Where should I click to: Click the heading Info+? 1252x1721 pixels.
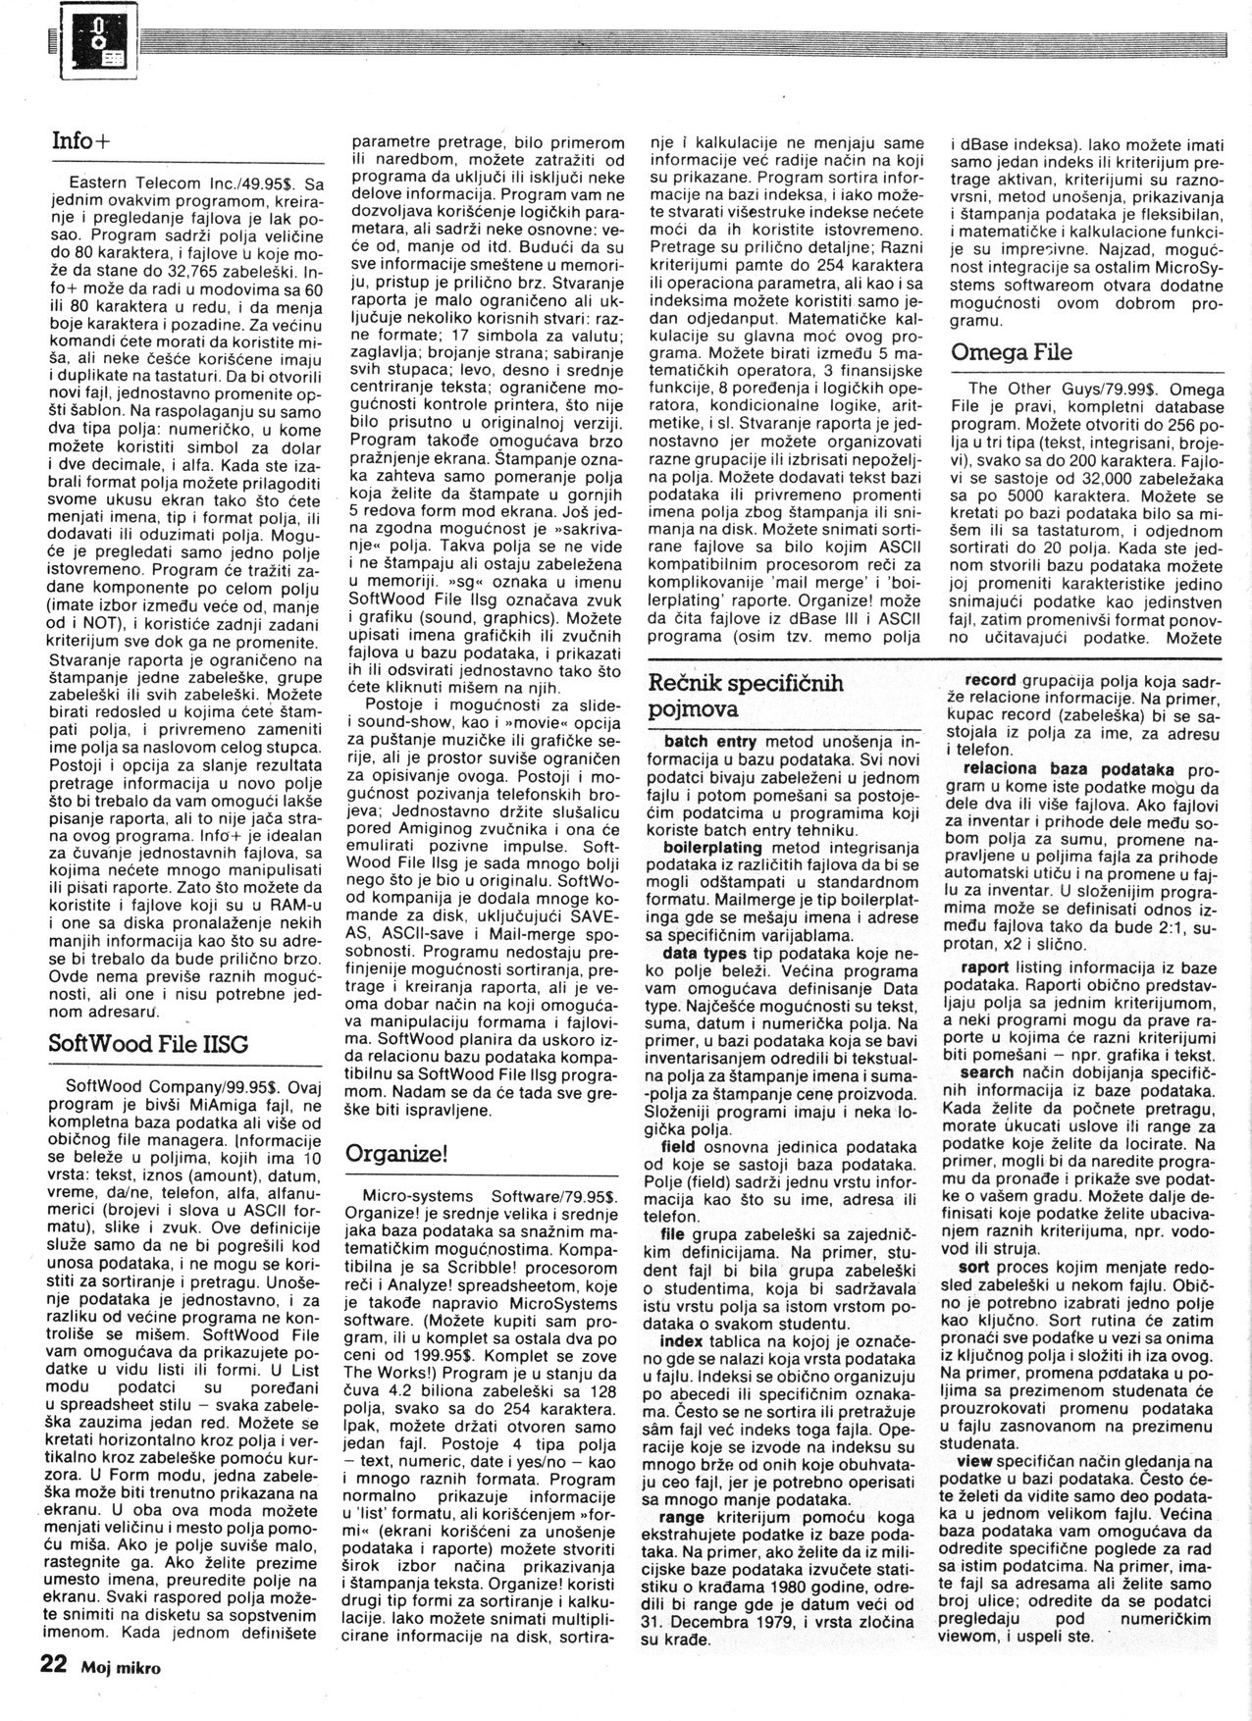pyautogui.click(x=81, y=140)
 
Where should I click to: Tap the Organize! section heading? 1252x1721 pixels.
pyautogui.click(x=395, y=1153)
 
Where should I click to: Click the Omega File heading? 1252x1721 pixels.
pyautogui.click(x=1012, y=351)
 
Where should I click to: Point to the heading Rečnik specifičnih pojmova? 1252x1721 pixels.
pyautogui.click(x=746, y=695)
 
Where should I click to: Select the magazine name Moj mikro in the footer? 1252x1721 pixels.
pyautogui.click(x=121, y=1667)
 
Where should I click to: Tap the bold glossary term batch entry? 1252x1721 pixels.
pyautogui.click(x=709, y=742)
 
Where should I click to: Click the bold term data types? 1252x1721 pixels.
pyautogui.click(x=702, y=953)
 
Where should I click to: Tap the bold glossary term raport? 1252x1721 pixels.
pyautogui.click(x=986, y=966)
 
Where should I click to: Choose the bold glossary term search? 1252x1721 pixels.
pyautogui.click(x=986, y=1073)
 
